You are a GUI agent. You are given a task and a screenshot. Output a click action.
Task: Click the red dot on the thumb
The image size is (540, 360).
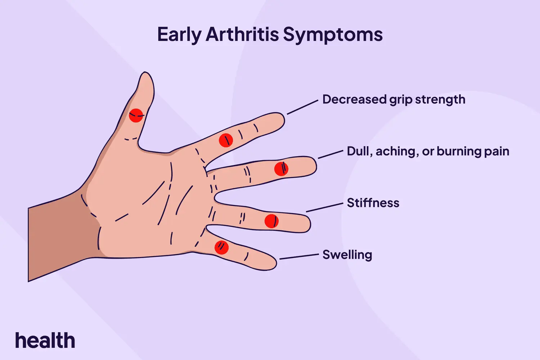136,116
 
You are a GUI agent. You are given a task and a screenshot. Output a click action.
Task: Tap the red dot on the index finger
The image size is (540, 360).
226,140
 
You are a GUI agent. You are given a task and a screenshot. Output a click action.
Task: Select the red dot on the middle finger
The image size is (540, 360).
281,168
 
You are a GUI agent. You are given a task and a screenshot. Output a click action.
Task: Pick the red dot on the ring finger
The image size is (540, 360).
271,221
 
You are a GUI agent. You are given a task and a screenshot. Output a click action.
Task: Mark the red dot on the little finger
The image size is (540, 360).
221,247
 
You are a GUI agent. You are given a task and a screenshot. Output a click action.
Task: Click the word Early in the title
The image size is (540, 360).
179,35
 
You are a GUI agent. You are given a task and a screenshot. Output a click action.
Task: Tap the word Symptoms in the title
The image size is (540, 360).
333,35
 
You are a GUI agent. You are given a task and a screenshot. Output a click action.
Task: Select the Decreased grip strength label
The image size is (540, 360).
393,99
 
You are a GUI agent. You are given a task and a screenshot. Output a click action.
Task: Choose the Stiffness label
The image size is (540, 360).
373,203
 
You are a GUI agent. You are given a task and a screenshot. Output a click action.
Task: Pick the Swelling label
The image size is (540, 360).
347,255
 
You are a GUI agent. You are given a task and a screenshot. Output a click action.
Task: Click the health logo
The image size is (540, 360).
45,341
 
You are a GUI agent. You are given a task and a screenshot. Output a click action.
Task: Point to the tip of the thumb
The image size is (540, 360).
145,76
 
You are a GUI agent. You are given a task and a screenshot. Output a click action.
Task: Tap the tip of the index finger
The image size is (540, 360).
280,119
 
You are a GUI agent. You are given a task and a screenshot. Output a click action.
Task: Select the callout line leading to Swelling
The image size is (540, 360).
299,256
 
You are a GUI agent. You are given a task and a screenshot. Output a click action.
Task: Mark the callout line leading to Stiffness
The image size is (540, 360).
324,207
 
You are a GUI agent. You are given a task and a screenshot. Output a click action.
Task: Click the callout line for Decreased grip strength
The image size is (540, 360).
302,107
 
